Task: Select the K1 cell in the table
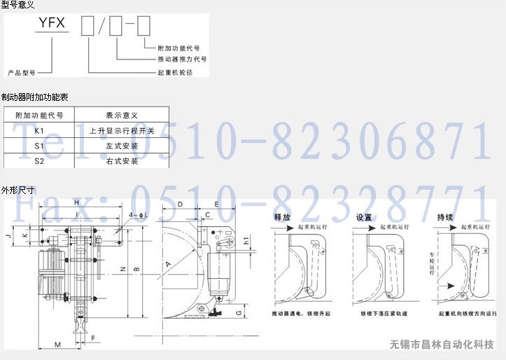tap(39, 130)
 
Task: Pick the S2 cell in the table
tap(39, 161)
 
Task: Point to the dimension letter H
tap(76, 203)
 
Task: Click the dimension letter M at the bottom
tap(57, 344)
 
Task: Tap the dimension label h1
tap(246, 241)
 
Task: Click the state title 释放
tap(282, 217)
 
